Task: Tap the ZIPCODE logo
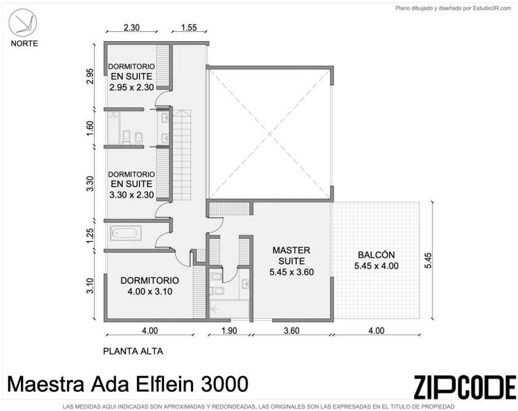coord(465,387)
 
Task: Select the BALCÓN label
coord(376,255)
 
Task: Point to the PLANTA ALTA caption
coord(133,351)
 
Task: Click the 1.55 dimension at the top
coord(189,28)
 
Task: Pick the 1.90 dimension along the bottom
coord(229,330)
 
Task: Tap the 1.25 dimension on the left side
coord(90,236)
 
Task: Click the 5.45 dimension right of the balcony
coord(428,261)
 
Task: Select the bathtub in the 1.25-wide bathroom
coord(126,233)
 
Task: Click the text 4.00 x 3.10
coord(150,291)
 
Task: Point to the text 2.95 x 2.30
coord(131,87)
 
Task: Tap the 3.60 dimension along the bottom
coord(291,330)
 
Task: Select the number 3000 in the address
coord(225,384)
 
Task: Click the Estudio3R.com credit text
coord(492,9)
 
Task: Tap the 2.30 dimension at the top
coord(131,28)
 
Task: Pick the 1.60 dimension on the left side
coord(90,128)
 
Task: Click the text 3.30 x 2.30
coord(131,195)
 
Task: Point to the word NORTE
coord(24,44)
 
